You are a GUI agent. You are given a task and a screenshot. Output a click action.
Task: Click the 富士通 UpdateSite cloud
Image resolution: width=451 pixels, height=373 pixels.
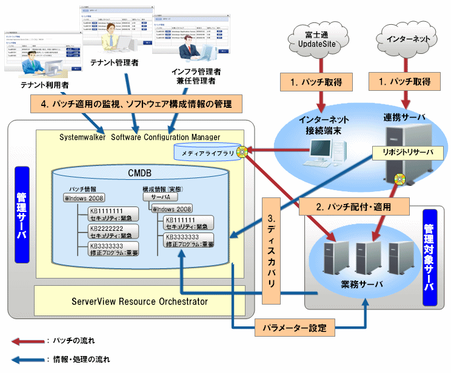(317, 40)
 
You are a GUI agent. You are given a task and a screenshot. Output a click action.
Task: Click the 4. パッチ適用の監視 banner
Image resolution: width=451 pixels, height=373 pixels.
(136, 104)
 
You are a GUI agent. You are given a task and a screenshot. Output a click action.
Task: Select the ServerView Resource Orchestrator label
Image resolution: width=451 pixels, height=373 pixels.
(139, 301)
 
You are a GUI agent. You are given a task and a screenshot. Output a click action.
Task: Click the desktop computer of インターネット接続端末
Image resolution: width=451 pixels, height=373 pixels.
(321, 151)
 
